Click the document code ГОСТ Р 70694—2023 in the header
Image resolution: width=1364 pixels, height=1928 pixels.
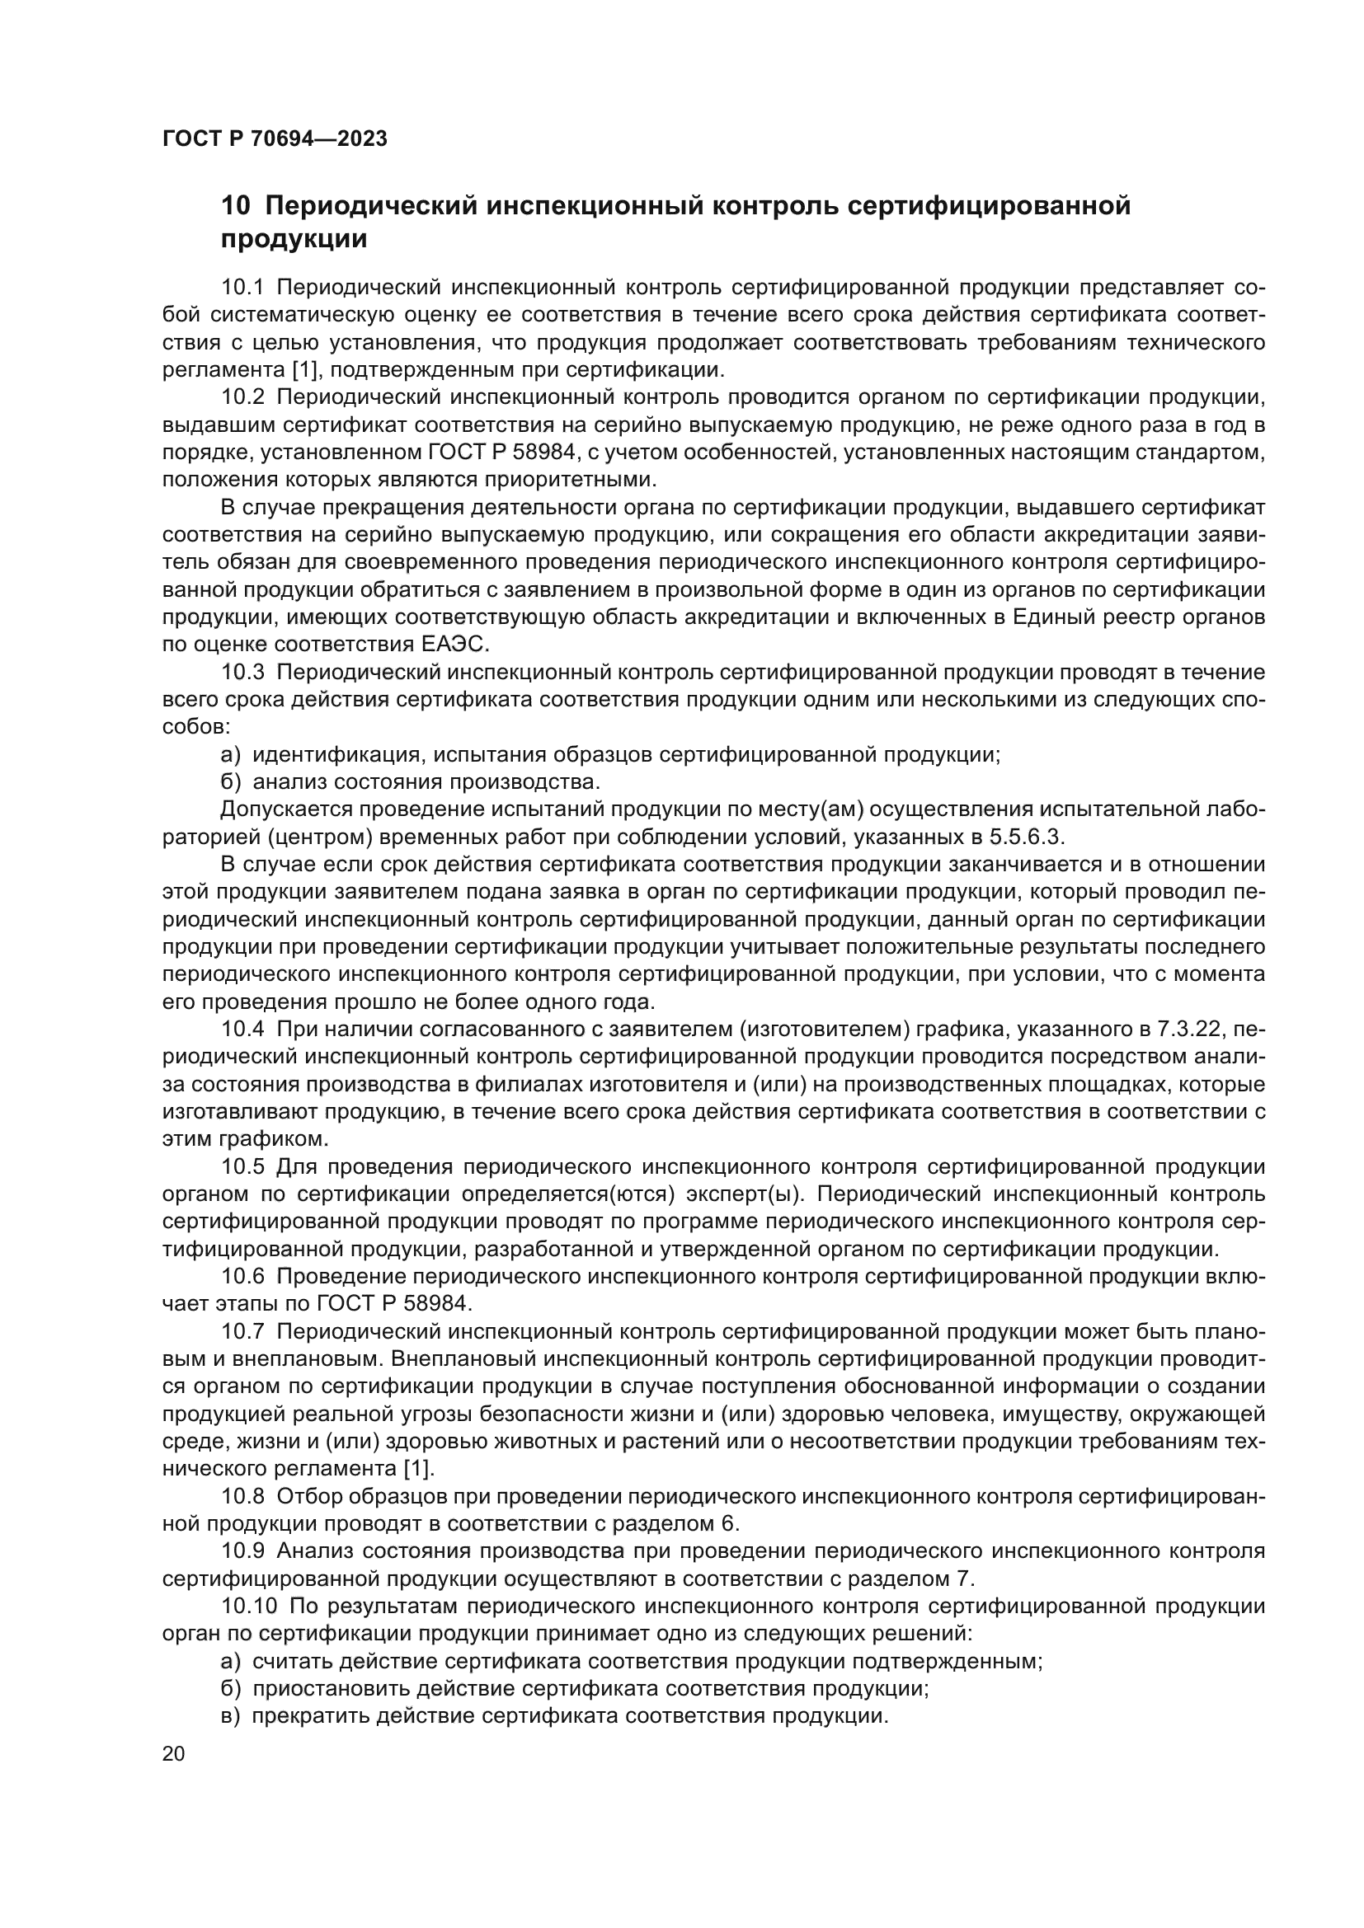pyautogui.click(x=275, y=139)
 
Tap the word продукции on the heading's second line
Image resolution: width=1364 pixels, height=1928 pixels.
pyautogui.click(x=294, y=240)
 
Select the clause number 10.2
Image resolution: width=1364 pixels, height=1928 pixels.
pyautogui.click(x=242, y=398)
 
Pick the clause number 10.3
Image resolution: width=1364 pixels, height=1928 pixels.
pyautogui.click(x=242, y=673)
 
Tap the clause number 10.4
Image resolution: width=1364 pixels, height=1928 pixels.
pyautogui.click(x=242, y=1030)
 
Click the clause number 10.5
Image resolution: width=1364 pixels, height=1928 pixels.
pyautogui.click(x=242, y=1167)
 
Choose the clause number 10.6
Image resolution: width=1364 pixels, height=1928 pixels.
pyautogui.click(x=242, y=1277)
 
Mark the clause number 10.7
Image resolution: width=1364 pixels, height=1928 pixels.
pyautogui.click(x=242, y=1332)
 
